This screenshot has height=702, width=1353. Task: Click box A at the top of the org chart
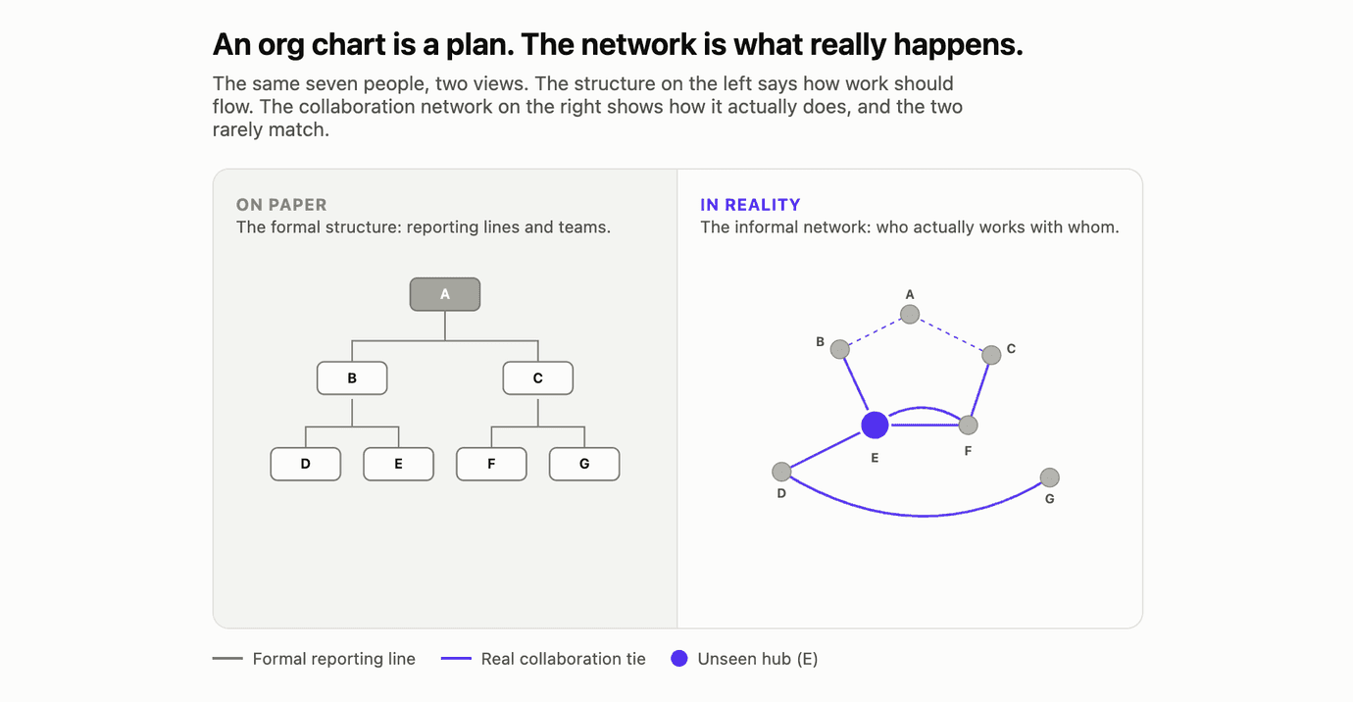[445, 294]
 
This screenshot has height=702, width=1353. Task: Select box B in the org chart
[352, 378]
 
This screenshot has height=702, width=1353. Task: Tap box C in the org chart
[538, 378]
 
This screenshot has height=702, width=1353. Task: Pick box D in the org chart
[306, 464]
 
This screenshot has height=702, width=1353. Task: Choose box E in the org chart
[399, 464]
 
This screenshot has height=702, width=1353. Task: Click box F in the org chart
[491, 464]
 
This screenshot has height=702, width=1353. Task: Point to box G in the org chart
[584, 464]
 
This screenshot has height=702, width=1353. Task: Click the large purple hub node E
[875, 426]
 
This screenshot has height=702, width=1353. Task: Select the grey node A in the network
[910, 314]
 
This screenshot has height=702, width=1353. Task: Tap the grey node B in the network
[839, 349]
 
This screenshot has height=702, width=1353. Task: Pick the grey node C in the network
[991, 355]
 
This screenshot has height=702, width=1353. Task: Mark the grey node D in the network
[781, 472]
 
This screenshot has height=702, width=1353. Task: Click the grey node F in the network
[969, 426]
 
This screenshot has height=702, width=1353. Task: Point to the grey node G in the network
[1050, 477]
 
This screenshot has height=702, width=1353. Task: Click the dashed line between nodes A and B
[875, 331]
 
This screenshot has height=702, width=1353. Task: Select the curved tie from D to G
[922, 516]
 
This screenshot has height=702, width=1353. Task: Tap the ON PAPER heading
[281, 205]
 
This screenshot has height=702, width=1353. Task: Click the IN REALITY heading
[750, 205]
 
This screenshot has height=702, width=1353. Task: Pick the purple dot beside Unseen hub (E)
[678, 659]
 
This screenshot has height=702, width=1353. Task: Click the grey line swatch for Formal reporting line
[227, 659]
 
